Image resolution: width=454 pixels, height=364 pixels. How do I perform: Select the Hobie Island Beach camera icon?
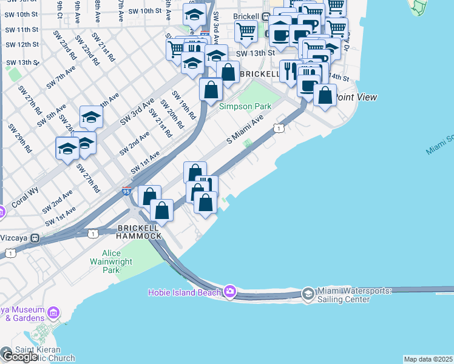click(x=229, y=292)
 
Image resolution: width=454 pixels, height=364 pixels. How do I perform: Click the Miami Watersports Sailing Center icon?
click(x=308, y=294)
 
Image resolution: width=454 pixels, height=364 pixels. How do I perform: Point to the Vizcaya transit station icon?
click(x=35, y=238)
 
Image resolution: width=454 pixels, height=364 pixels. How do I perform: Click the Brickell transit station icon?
click(x=266, y=16)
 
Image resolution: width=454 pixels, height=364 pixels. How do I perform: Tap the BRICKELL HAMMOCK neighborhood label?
click(x=139, y=232)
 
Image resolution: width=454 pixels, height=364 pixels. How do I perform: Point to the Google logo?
click(x=19, y=356)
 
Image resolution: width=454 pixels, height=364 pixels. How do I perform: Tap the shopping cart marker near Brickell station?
click(x=246, y=30)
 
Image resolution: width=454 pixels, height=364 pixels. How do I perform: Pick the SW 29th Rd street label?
click(x=24, y=141)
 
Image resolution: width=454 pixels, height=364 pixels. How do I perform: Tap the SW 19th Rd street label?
click(x=184, y=104)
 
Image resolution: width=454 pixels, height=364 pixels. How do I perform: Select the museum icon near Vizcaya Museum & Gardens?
click(x=53, y=313)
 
